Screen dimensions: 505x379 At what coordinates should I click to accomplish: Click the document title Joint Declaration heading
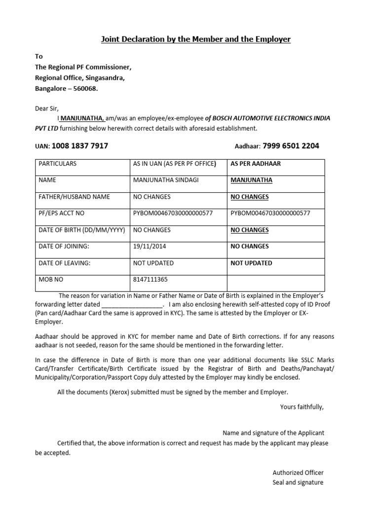(196, 39)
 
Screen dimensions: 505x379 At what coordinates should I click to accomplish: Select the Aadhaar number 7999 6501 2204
(291, 146)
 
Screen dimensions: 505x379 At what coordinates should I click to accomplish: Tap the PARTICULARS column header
(57, 164)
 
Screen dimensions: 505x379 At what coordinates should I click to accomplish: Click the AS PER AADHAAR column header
(255, 164)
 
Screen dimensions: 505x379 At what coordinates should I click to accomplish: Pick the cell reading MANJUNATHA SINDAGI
(166, 180)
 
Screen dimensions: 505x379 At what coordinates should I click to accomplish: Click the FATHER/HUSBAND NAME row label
(74, 197)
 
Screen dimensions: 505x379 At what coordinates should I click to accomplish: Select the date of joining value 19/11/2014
(151, 246)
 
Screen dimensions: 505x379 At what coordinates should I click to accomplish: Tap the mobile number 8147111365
(151, 279)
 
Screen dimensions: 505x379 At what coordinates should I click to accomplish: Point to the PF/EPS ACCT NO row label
(61, 213)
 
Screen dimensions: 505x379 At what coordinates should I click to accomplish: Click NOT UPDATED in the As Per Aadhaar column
(251, 263)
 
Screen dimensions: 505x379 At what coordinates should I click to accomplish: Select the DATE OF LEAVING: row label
(65, 263)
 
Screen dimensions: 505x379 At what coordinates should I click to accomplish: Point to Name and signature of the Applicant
(273, 433)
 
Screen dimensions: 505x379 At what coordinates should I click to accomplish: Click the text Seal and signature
(298, 482)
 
